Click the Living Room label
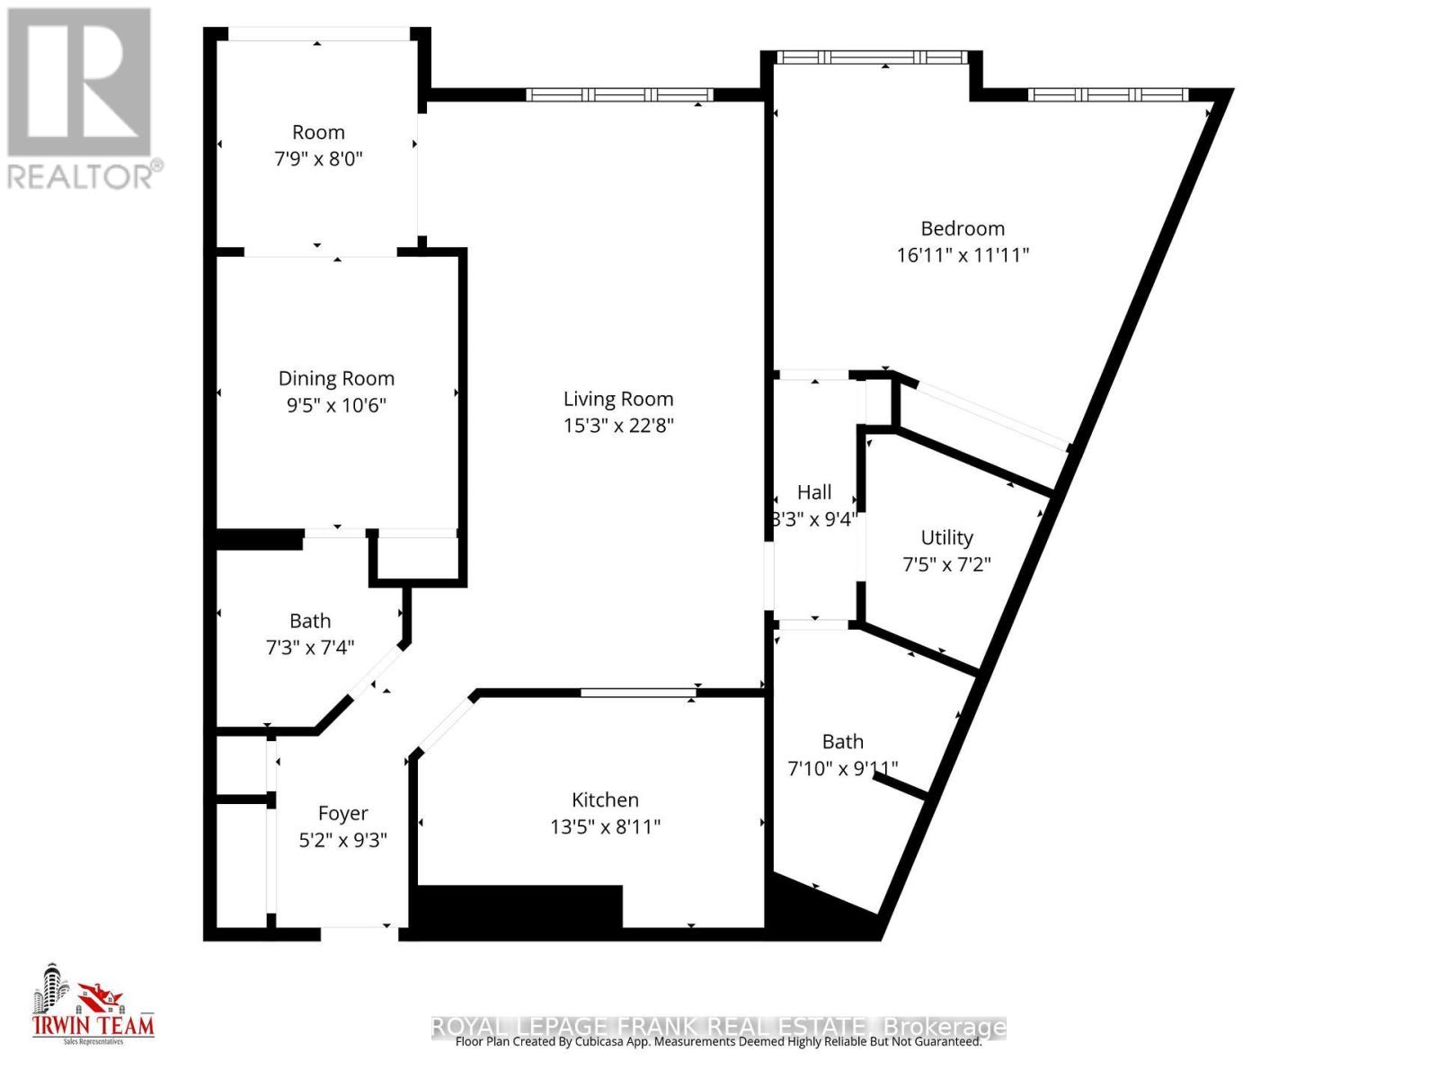coord(618,399)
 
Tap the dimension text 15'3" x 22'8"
coord(618,425)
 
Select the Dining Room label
coord(336,378)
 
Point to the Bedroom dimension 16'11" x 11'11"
coord(963,254)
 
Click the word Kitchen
coord(605,800)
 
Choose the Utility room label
coord(946,537)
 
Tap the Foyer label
coord(342,813)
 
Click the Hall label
coord(814,492)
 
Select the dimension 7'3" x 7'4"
coord(310,647)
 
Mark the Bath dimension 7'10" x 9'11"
coord(842,768)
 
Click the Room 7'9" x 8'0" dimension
coord(318,158)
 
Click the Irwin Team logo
coord(93,1006)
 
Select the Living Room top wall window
coord(619,94)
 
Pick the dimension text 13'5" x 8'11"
coord(605,826)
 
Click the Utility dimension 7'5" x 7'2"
coord(946,564)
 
